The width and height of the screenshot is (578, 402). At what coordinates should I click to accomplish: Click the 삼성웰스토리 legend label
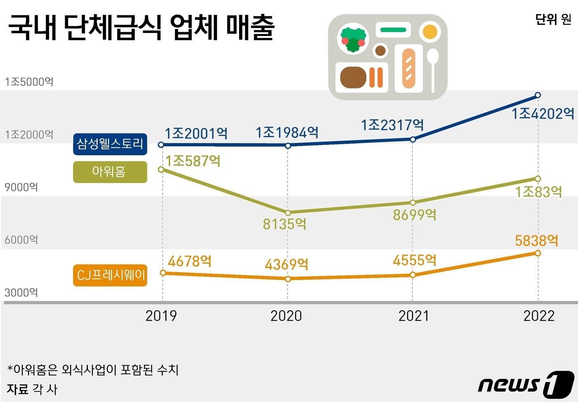[110, 144]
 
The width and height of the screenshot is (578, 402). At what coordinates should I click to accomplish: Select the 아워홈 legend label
[110, 172]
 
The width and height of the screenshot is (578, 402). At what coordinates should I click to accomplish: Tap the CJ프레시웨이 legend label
[110, 275]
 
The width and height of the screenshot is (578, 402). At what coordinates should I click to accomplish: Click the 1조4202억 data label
[542, 114]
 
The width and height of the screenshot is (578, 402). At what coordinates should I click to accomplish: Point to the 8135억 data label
[284, 224]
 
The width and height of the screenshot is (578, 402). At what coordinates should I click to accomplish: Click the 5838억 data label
[536, 240]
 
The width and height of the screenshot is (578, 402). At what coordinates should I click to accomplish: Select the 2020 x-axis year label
[286, 316]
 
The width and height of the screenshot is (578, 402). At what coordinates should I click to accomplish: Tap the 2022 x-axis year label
[539, 316]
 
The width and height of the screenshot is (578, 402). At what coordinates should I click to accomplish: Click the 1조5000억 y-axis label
[29, 82]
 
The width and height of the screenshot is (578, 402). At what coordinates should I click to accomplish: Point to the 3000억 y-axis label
[21, 293]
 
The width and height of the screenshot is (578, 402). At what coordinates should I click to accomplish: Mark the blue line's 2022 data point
[538, 95]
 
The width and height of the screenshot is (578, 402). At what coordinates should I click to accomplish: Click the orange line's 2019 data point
[163, 273]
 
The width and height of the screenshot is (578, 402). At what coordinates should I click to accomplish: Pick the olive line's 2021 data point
[412, 202]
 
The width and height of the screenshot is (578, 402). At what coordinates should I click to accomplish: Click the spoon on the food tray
[432, 68]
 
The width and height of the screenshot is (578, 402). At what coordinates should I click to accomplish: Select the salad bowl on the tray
[353, 40]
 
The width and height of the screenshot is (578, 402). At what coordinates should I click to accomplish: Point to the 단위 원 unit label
[553, 19]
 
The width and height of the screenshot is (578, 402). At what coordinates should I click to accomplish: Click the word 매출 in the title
[250, 28]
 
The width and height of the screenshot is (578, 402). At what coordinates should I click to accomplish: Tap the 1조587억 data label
[192, 161]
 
